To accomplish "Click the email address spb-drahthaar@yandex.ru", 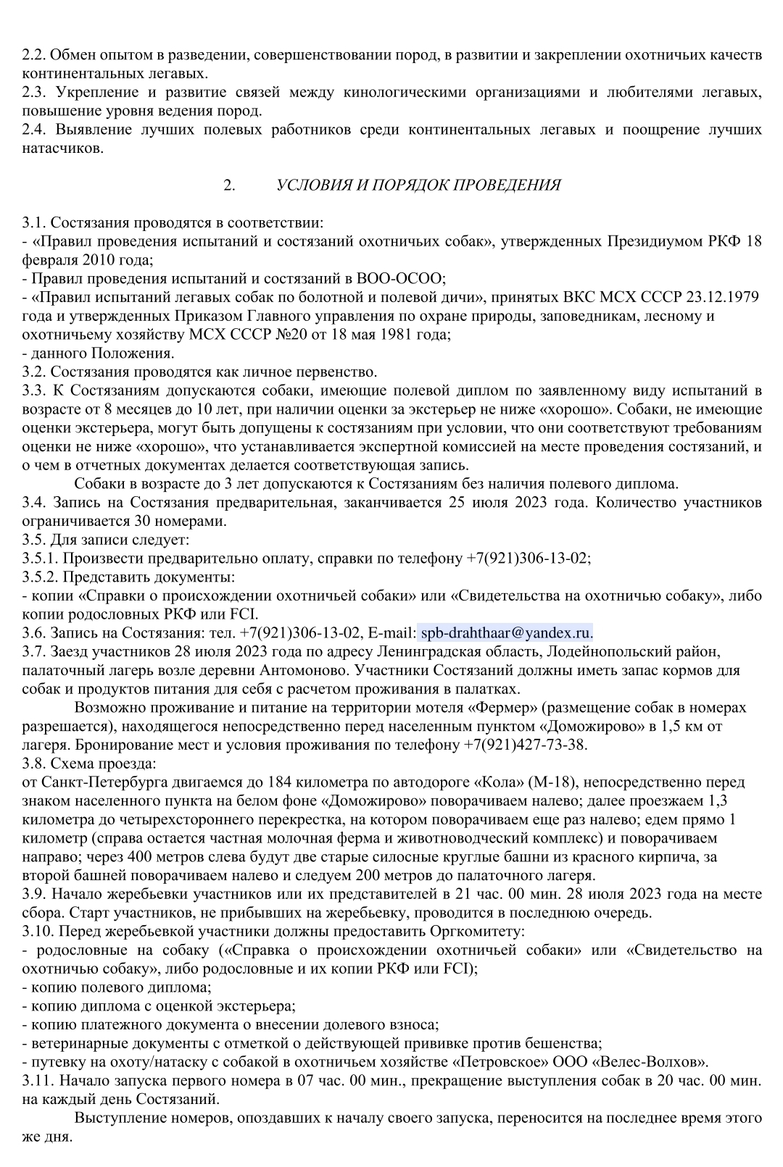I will click(x=506, y=632).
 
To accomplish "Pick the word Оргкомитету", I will click(x=473, y=930).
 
